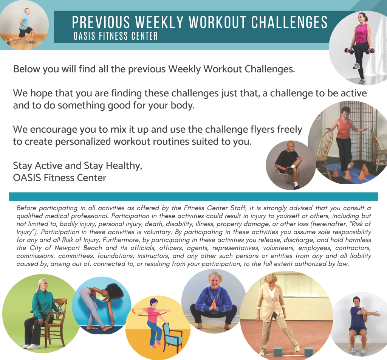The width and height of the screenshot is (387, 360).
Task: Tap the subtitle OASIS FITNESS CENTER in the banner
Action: [116, 36]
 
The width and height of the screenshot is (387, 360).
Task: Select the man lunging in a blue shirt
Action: [23, 25]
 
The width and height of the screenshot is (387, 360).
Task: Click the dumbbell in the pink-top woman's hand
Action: [348, 51]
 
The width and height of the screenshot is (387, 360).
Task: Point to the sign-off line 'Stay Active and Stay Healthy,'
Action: [77, 166]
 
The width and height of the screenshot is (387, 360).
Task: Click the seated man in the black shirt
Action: [289, 163]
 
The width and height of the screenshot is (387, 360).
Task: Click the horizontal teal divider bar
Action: [193, 197]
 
